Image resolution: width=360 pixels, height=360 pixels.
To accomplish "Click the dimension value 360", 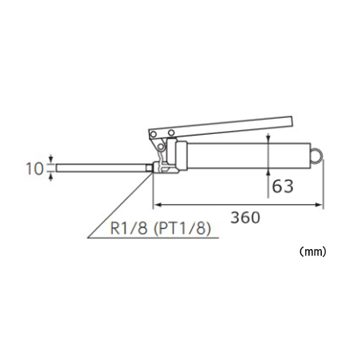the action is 246,217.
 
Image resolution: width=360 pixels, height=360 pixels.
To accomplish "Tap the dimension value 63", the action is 283,186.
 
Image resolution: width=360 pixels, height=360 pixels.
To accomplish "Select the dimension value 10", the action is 35,168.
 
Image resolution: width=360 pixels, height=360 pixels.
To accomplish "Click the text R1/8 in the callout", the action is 129,228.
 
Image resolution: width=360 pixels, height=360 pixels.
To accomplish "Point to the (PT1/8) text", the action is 182,228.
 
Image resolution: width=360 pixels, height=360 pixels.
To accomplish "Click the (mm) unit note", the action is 313,252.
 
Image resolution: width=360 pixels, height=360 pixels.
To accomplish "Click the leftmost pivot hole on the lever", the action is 153,134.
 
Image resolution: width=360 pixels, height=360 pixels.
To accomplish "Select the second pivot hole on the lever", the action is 171,132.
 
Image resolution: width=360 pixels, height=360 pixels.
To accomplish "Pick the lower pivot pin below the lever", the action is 161,146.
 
